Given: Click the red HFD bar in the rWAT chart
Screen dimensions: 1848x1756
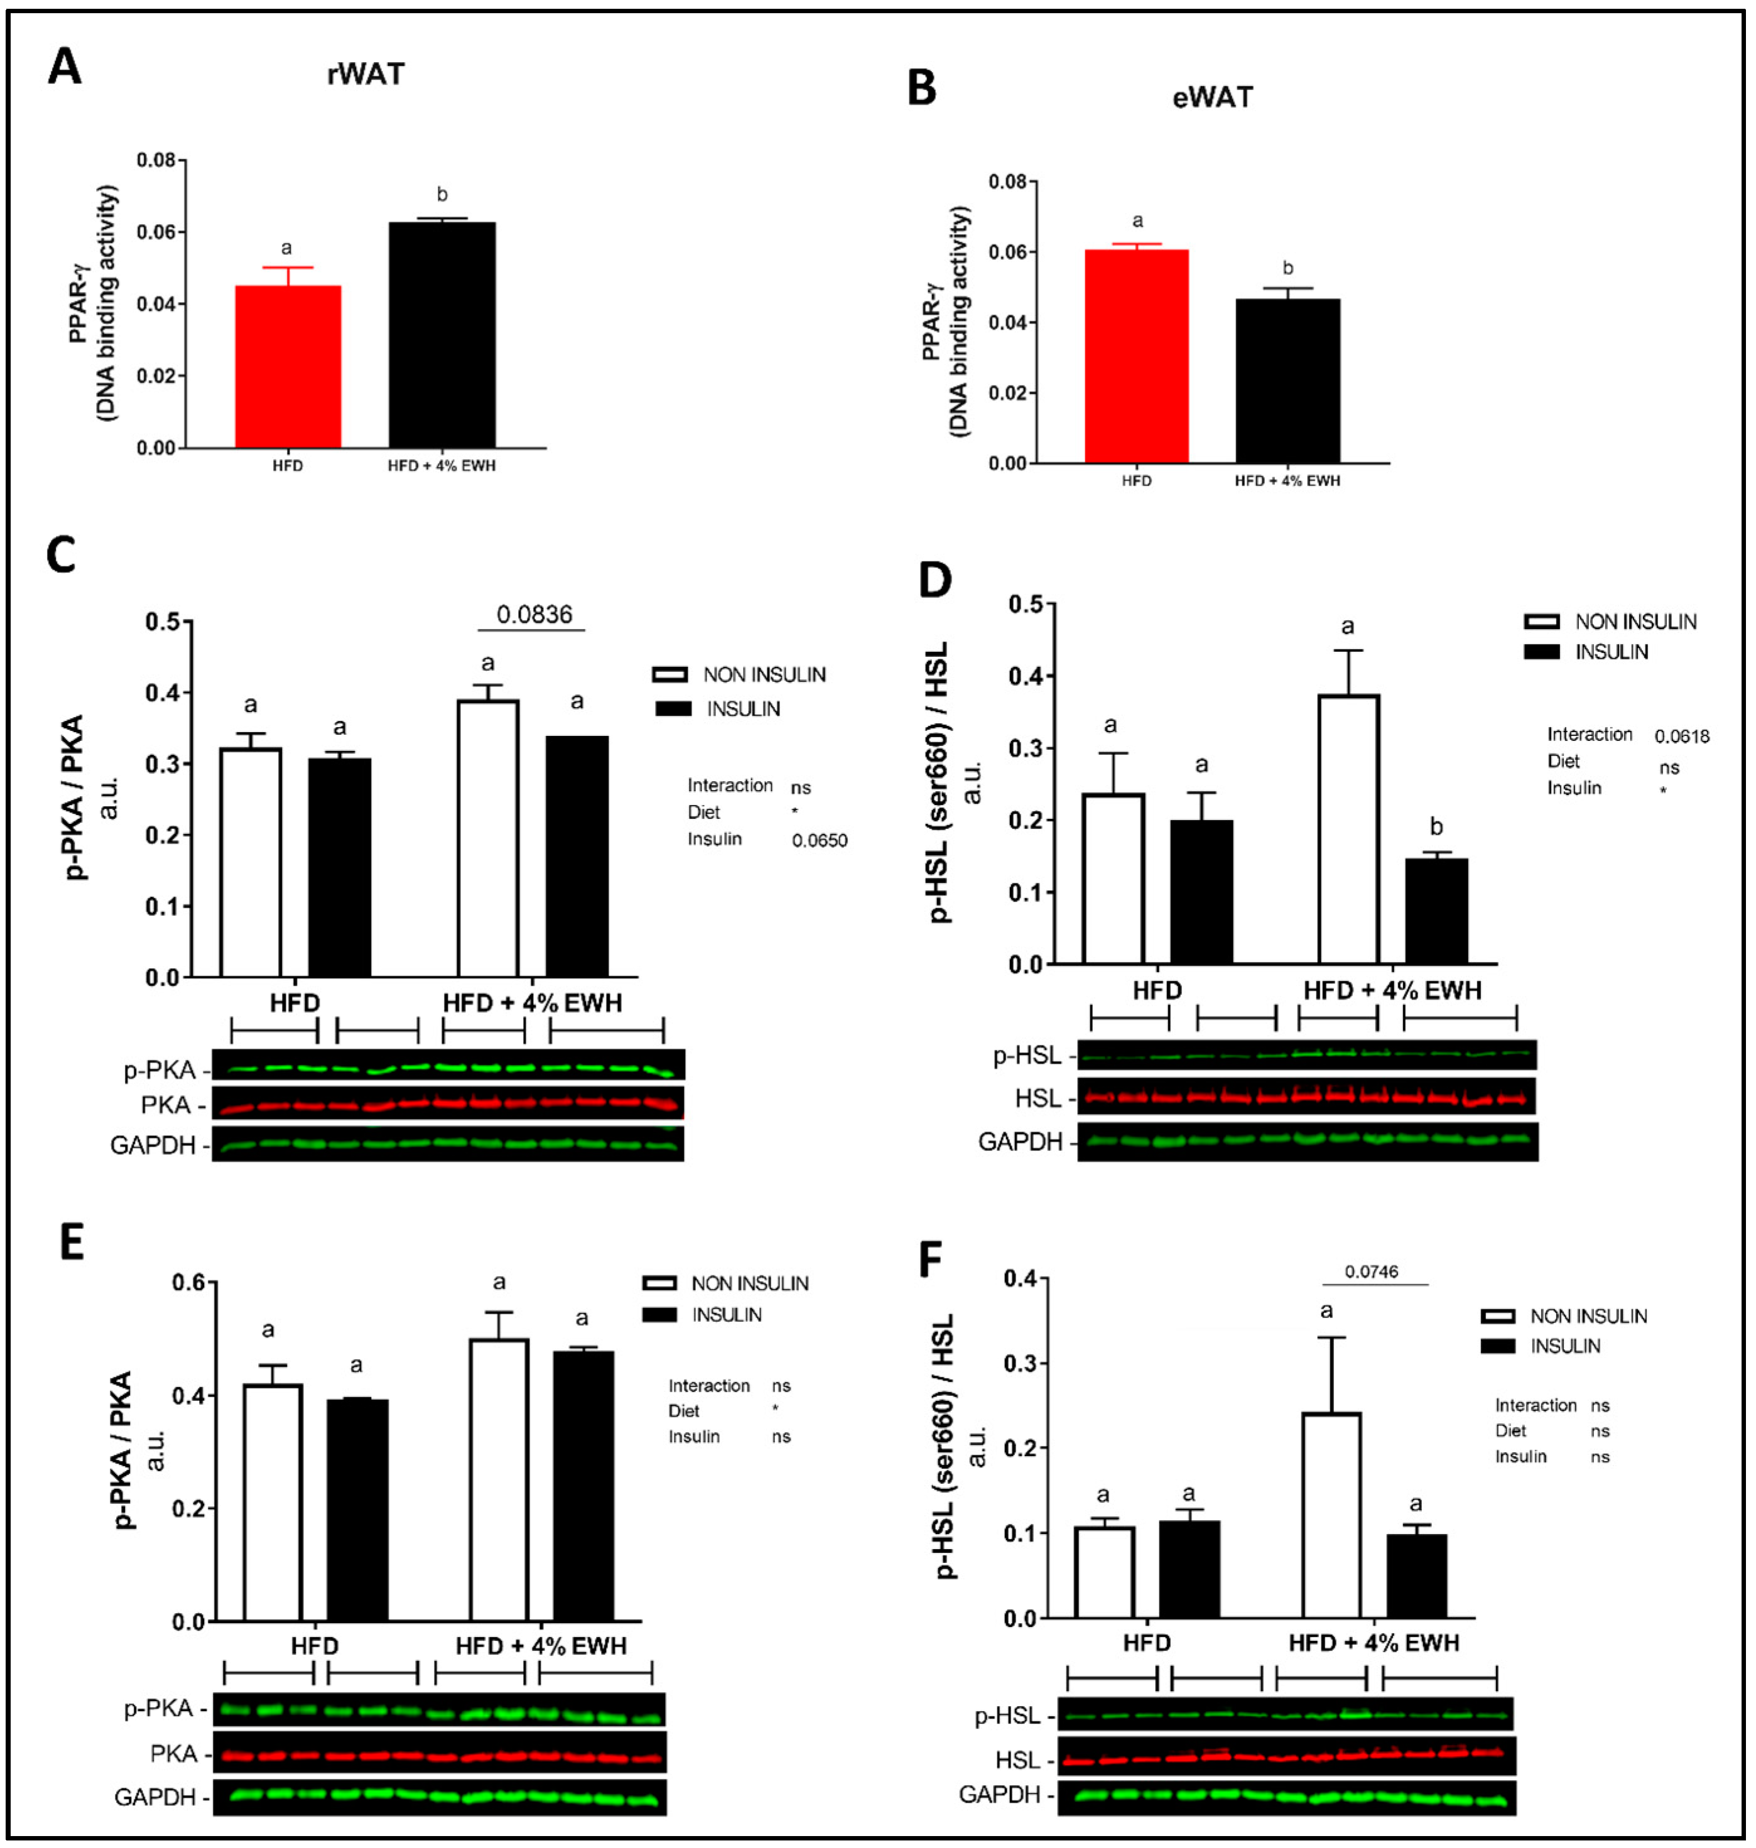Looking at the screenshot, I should pyautogui.click(x=288, y=367).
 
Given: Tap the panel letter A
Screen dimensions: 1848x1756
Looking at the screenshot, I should pyautogui.click(x=65, y=67).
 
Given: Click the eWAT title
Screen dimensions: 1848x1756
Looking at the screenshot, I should pyautogui.click(x=1212, y=97).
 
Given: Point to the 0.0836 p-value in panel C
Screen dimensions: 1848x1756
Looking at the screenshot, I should pyautogui.click(x=534, y=615).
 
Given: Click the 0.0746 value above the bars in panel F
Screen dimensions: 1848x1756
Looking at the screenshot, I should pyautogui.click(x=1371, y=1272).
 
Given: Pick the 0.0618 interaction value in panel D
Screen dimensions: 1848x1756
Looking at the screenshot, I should pyautogui.click(x=1681, y=737).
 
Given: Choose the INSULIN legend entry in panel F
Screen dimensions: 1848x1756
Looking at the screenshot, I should pyautogui.click(x=1565, y=1346).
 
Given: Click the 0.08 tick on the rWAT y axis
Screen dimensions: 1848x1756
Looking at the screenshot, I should pyautogui.click(x=156, y=161).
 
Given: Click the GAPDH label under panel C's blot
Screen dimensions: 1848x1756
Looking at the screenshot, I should pyautogui.click(x=153, y=1145).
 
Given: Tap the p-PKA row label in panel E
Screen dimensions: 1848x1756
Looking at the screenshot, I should pyautogui.click(x=158, y=1709).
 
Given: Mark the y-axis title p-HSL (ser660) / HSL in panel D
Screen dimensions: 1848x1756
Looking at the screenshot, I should pyautogui.click(x=939, y=782).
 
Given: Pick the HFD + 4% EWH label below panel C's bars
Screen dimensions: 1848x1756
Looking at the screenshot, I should pyautogui.click(x=532, y=1003).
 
